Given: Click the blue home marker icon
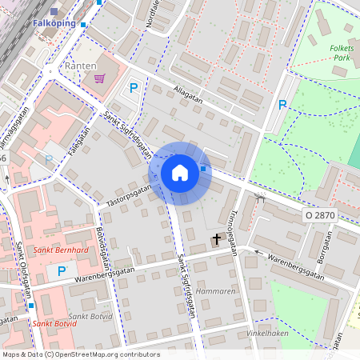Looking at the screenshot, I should [x=180, y=173].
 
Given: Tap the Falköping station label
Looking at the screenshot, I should [x=54, y=23].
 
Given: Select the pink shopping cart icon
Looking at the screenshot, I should [x=99, y=78].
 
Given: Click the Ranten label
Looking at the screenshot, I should [x=80, y=66].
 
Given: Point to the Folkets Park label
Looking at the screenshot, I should [x=342, y=53].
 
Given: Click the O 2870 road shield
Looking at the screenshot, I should [x=319, y=216].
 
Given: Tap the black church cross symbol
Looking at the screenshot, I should [x=216, y=239].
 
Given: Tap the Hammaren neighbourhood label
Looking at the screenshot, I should [x=214, y=292].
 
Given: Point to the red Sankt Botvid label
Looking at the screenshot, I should [x=55, y=323].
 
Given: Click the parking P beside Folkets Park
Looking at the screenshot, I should [x=282, y=104].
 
